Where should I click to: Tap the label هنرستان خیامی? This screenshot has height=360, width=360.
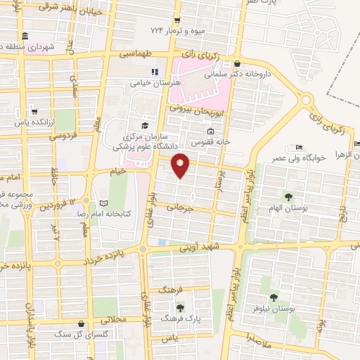(x=156, y=82)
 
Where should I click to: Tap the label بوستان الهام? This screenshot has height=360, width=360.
(x=289, y=208)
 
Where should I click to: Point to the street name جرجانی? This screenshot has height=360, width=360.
(x=179, y=208)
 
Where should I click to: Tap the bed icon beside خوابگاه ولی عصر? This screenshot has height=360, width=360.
(x=299, y=147)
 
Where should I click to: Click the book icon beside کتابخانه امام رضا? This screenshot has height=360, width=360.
(x=105, y=202)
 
